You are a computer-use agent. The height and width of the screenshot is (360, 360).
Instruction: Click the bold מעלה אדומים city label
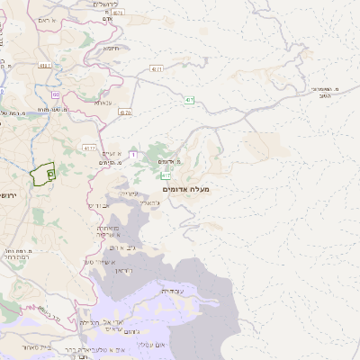185,189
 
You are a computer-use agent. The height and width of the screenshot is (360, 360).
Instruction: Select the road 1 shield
134,156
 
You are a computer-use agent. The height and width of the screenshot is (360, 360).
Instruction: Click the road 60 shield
56,93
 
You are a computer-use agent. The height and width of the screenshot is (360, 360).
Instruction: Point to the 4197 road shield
88,146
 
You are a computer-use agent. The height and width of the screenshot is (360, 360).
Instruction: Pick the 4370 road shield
124,112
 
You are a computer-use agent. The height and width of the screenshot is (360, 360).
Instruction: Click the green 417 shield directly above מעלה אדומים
167,175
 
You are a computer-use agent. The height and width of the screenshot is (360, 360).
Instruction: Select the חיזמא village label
112,48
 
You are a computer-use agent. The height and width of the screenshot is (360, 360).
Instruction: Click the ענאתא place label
102,103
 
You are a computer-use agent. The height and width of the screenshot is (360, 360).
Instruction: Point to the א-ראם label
48,19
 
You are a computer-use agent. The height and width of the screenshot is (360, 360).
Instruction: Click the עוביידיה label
172,291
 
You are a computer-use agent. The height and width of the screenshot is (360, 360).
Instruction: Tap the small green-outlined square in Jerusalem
50,172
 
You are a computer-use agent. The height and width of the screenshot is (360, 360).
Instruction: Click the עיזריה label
130,193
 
